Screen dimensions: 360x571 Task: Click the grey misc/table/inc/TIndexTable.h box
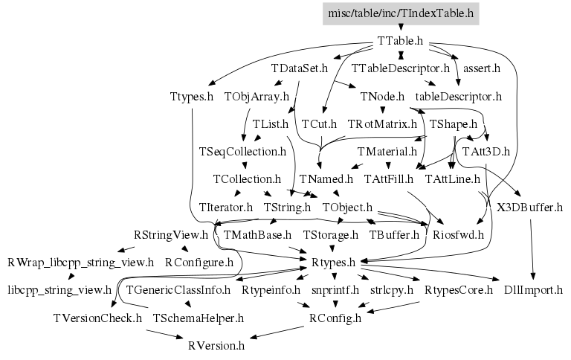coord(400,13)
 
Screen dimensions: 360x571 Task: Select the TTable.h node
coord(400,40)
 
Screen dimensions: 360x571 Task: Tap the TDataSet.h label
coord(300,68)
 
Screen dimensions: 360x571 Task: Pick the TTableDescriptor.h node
coord(400,68)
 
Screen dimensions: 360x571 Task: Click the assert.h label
coord(481,68)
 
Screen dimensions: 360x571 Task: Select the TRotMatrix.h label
coord(382,123)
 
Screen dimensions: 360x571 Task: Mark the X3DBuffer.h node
coord(529,207)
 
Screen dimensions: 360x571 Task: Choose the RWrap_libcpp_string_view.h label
coord(80,262)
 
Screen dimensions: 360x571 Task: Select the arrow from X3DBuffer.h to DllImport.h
coord(532,248)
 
